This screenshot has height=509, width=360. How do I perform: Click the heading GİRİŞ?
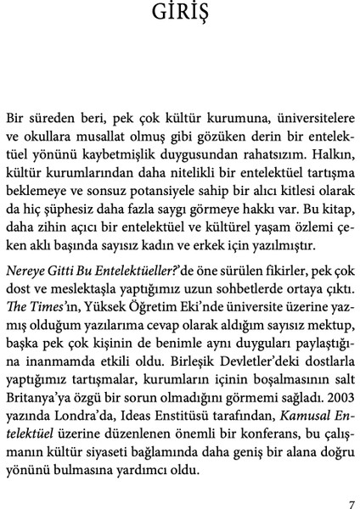[180, 14]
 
